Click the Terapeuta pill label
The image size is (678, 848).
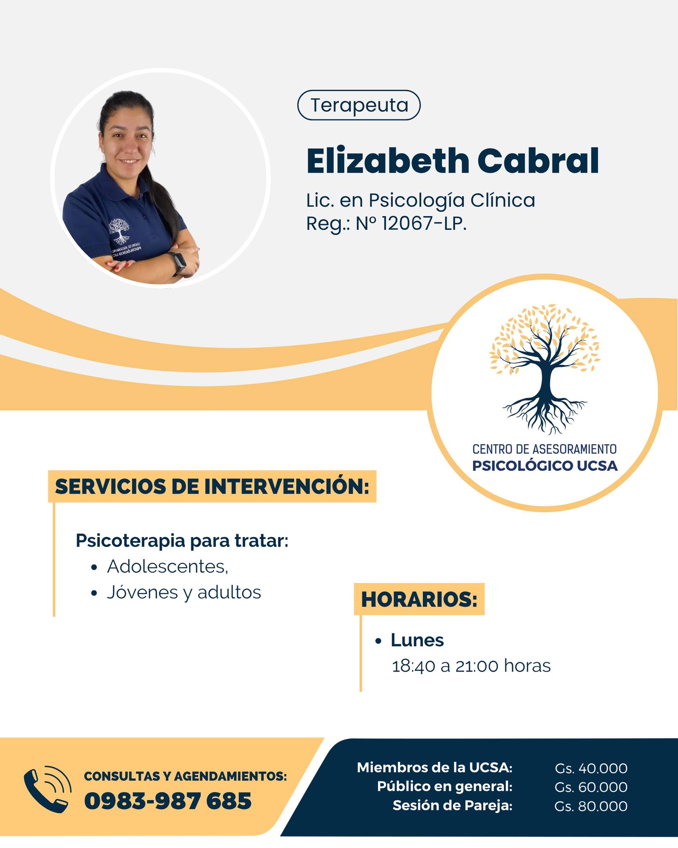pos(359,105)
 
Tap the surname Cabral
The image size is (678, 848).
pos(538,161)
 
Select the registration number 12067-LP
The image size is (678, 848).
pos(424,224)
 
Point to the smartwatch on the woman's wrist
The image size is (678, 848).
pos(179,262)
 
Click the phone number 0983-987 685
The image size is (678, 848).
pos(168,800)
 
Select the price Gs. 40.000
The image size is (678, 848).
pos(591,768)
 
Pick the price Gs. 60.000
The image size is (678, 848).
pos(591,787)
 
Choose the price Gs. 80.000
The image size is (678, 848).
pos(591,806)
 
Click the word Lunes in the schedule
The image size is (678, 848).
pos(417,640)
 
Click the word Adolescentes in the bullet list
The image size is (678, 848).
pos(168,566)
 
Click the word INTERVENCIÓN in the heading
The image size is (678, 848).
pos(286,487)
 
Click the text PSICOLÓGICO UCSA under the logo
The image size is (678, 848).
pos(545,466)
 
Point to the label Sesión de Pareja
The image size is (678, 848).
pos(452,806)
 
